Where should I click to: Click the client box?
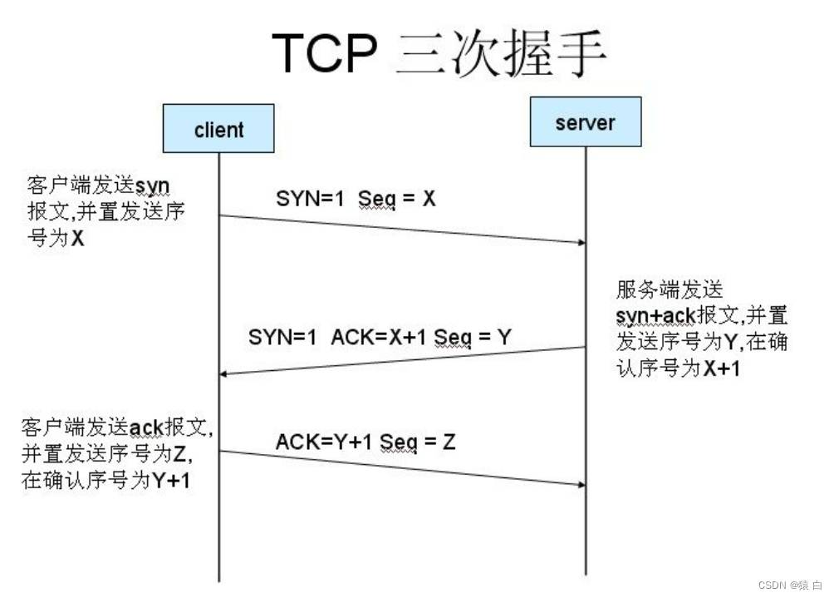tap(218, 128)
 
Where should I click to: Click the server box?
tap(586, 121)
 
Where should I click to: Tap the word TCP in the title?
tap(324, 52)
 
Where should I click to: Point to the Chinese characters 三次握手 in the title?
tap(501, 52)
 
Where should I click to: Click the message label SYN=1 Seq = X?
tap(356, 199)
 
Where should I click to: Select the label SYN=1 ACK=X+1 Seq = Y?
tap(380, 337)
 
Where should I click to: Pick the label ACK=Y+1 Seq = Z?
tap(365, 442)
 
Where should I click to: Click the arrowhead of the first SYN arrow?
tap(581, 242)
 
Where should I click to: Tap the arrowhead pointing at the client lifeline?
tap(223, 373)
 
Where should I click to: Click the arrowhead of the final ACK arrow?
tap(581, 485)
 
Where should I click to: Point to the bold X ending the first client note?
tap(77, 238)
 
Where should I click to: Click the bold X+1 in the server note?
tap(722, 368)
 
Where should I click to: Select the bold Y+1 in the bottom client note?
tap(171, 481)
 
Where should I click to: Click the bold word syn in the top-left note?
tap(152, 186)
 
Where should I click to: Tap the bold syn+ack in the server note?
tap(655, 316)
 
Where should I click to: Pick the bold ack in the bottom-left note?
tap(146, 427)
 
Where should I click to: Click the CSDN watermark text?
tap(789, 585)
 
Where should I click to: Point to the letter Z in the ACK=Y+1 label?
tap(449, 442)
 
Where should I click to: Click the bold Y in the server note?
tap(730, 342)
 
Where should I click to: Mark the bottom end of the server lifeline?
tap(586, 575)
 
